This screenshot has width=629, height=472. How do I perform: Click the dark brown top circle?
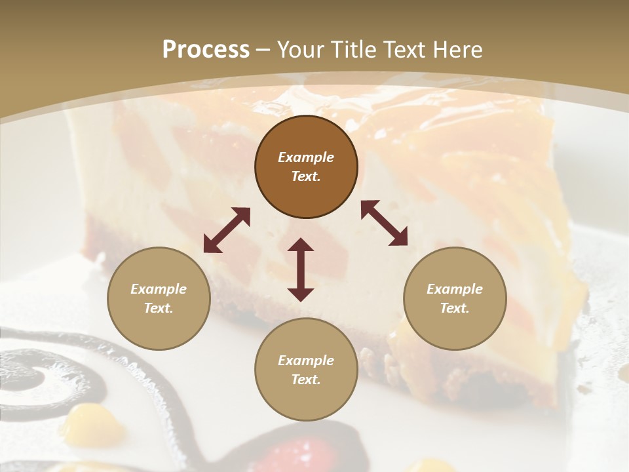tap(306, 167)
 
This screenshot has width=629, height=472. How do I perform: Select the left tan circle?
tap(159, 298)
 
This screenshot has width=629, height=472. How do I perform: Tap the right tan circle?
tap(455, 298)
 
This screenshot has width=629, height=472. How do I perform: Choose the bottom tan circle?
tap(306, 370)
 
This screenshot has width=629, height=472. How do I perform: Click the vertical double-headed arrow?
tap(301, 269)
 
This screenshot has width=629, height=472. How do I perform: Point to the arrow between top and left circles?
tap(227, 230)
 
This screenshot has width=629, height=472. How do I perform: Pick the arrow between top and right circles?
tap(384, 223)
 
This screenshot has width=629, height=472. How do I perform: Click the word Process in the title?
tap(206, 49)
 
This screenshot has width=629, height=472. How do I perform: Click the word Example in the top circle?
tap(306, 157)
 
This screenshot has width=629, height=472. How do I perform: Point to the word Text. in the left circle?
tap(159, 308)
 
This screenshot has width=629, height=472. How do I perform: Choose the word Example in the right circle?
tap(455, 289)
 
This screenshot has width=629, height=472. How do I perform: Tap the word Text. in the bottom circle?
tap(306, 380)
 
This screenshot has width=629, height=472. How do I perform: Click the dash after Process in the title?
tap(263, 50)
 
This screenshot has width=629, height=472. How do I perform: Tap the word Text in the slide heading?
tap(404, 49)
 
